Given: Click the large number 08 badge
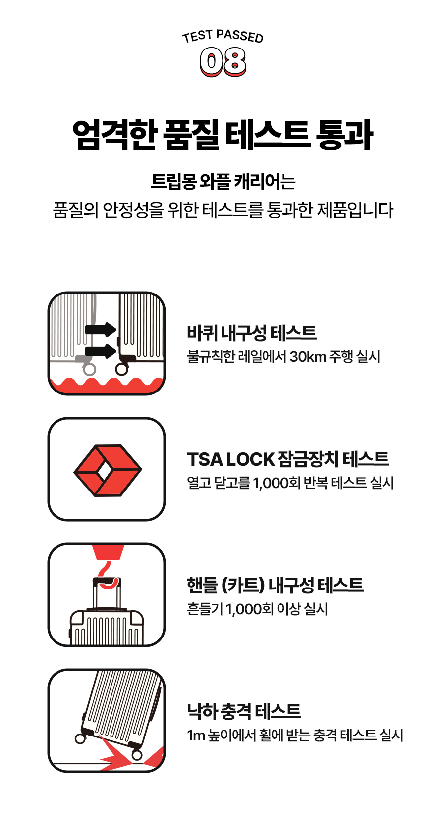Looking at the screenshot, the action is [223, 62].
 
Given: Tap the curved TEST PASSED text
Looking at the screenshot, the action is [223, 36].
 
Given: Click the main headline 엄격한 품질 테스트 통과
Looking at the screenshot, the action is [223, 135].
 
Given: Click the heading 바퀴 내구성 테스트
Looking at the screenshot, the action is [252, 333].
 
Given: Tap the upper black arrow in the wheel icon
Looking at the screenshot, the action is [101, 330].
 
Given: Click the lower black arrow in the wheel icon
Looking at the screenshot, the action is [101, 351].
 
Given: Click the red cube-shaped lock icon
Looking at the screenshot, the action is [108, 470].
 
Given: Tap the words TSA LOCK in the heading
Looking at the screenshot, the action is [231, 459].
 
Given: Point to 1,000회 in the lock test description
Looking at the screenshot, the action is [277, 483].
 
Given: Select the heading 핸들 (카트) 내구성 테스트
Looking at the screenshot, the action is [275, 585].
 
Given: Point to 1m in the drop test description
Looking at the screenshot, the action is [196, 736].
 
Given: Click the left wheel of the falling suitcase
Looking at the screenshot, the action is [80, 738].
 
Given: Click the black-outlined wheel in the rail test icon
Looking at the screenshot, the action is [121, 369].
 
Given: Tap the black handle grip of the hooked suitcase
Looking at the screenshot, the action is [107, 580].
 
